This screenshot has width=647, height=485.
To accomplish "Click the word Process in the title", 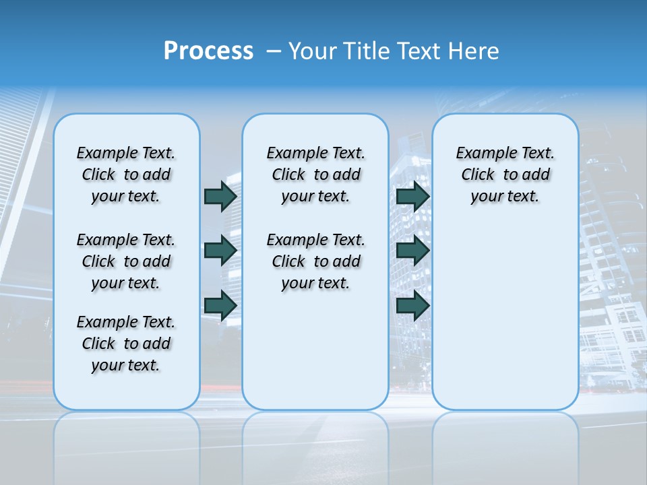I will coord(208,51).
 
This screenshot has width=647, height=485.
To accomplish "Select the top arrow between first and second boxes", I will coord(220,196).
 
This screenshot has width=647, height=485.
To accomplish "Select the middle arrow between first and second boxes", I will coord(220,251).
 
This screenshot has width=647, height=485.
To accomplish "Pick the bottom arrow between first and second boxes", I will coord(220,305).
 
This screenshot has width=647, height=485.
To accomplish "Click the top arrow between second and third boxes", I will coord(412,196).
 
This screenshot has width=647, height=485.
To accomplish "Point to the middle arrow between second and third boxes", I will coord(412,251).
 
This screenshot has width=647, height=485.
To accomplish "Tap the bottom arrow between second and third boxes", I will coord(412,305).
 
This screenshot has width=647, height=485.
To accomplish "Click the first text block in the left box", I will coord(126,174).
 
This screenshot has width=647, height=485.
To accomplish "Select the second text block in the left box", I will coord(126,261).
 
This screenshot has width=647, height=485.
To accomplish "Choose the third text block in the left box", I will coord(126,344).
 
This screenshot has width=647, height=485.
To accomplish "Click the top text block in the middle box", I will coord(315,174).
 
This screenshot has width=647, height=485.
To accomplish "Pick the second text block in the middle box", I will coord(315,261).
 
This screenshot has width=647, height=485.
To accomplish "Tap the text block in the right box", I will coord(505,174).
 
